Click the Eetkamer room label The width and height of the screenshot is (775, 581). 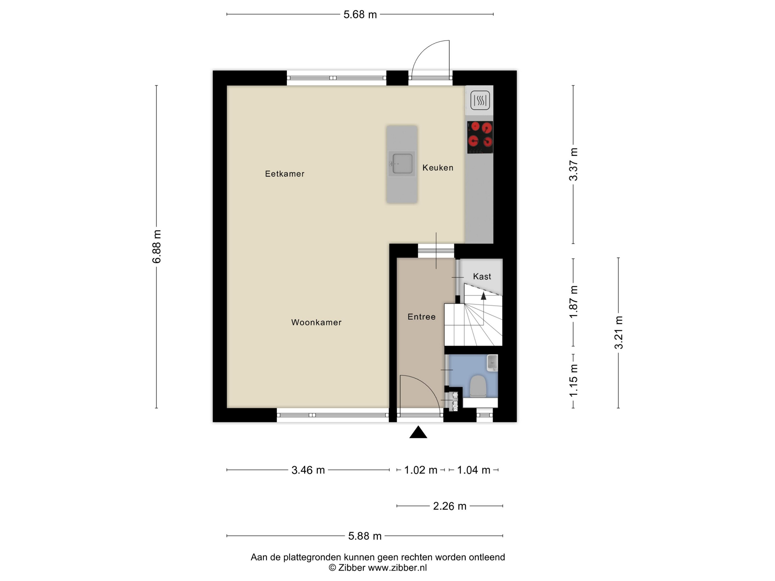285,174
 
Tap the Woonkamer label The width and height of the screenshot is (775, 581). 316,322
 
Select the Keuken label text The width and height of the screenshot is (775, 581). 438,168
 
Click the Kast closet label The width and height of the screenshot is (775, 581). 482,277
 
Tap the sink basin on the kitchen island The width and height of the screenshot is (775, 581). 402,164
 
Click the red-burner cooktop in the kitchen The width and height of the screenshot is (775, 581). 480,137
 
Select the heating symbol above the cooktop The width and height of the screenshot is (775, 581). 480,100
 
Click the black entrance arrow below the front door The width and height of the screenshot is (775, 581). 418,432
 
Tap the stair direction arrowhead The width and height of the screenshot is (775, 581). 484,296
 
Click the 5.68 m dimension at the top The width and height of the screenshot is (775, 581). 360,14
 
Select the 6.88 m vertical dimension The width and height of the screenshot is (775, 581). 157,247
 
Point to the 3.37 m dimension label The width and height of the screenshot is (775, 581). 573,164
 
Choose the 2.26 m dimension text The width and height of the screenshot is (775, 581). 450,506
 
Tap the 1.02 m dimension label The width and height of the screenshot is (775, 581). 421,470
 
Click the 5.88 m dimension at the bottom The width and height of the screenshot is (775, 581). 365,536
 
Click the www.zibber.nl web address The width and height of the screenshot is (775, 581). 397,568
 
